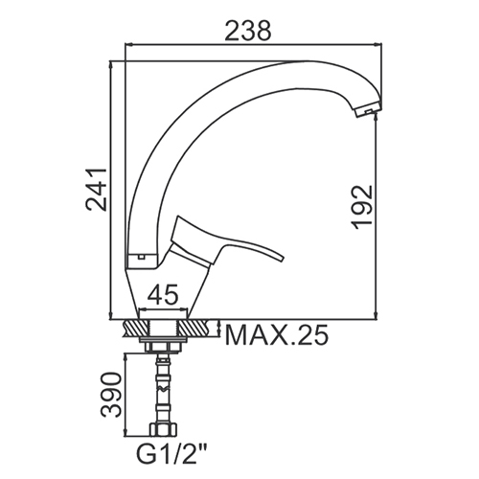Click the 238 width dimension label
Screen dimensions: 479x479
[x=248, y=31]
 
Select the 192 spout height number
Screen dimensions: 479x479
[x=362, y=207]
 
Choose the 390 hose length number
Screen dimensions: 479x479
[x=111, y=395]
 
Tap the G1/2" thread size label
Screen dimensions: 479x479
[x=171, y=457]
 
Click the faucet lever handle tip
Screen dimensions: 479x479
[x=281, y=258]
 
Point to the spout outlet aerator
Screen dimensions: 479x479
[x=368, y=110]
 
